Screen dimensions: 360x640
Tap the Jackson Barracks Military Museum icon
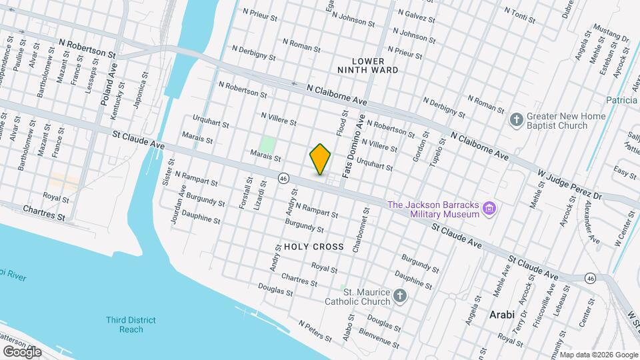tap(490, 209)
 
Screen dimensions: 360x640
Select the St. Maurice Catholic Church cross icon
tap(399, 296)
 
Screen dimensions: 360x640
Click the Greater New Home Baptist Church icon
tap(515, 120)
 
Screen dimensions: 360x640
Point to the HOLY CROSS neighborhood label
tap(314, 247)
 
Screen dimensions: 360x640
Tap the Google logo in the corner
tap(22, 351)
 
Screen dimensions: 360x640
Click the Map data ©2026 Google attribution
tap(598, 355)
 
